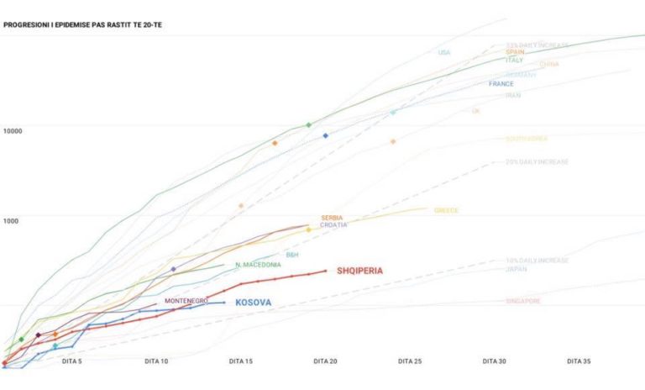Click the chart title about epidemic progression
pyautogui.click(x=82, y=25)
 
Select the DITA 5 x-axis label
pyautogui.click(x=73, y=361)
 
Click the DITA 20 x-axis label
pyautogui.click(x=325, y=361)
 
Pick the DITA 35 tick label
pyautogui.click(x=578, y=361)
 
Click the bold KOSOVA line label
pyautogui.click(x=253, y=302)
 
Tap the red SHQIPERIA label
pyautogui.click(x=359, y=271)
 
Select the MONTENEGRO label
pyautogui.click(x=186, y=300)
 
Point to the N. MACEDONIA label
pyautogui.click(x=258, y=265)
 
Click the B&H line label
pyautogui.click(x=292, y=254)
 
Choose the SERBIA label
pyautogui.click(x=332, y=218)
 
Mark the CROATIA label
pyautogui.click(x=333, y=225)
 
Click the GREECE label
pyautogui.click(x=446, y=210)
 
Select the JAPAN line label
pyautogui.click(x=517, y=269)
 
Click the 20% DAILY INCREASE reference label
pyautogui.click(x=537, y=161)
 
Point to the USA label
pyautogui.click(x=444, y=53)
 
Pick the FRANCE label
pyautogui.click(x=501, y=84)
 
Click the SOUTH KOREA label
pyautogui.click(x=527, y=139)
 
